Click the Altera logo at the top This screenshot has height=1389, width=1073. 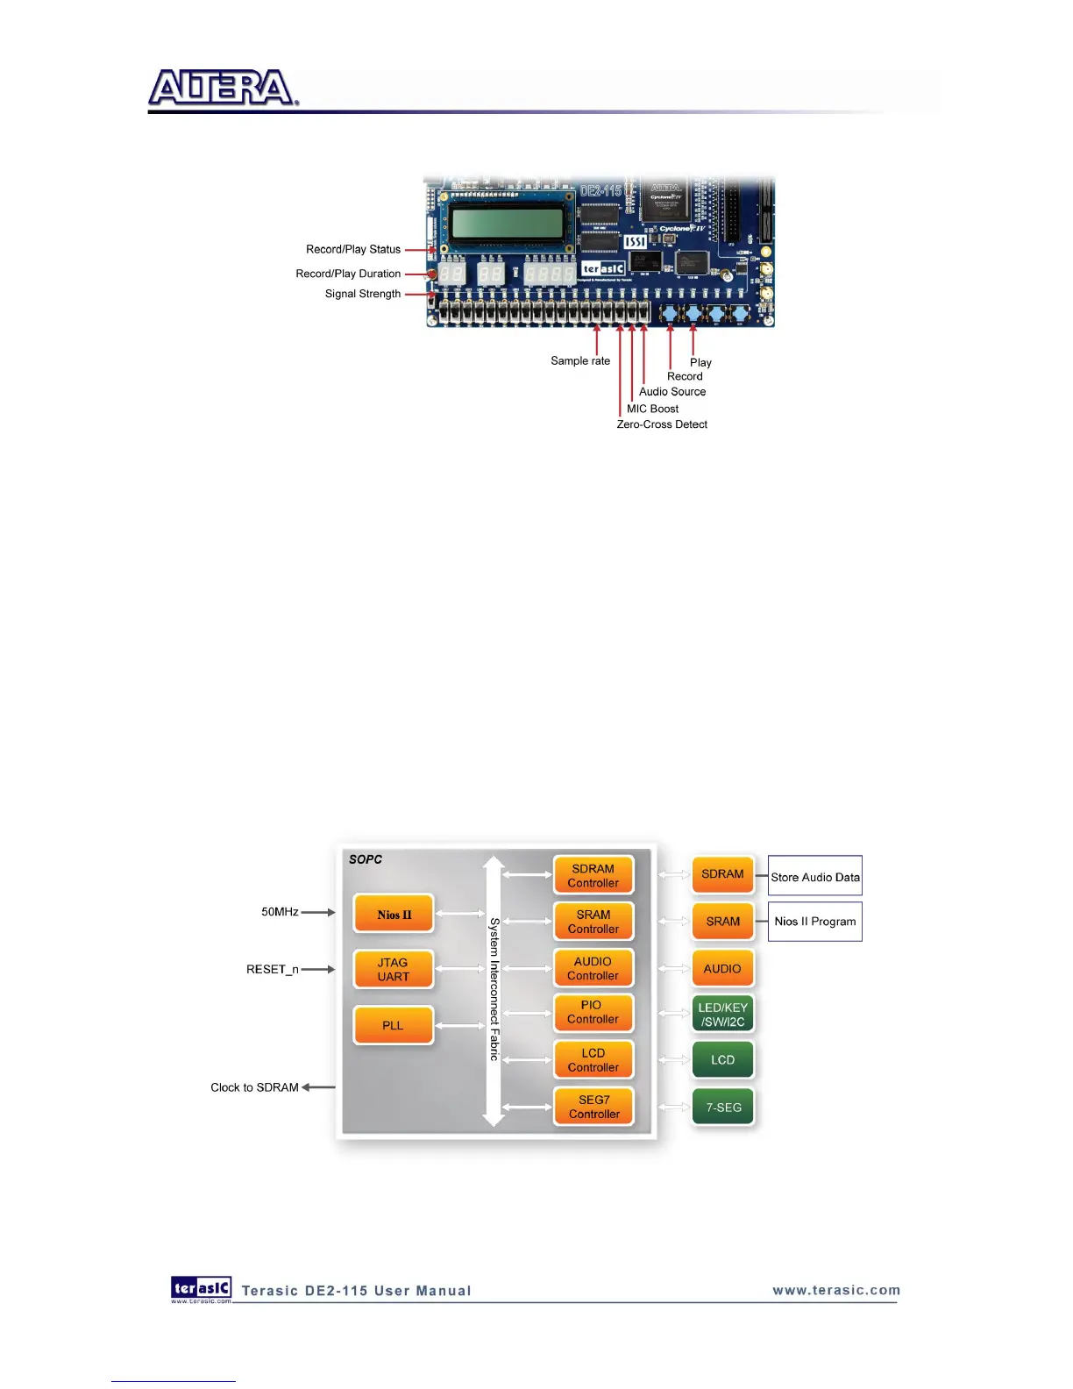(224, 89)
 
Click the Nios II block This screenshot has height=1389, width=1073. (394, 915)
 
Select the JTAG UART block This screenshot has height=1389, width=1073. (394, 969)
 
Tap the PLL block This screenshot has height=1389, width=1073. (394, 1025)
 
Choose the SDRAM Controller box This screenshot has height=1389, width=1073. (593, 876)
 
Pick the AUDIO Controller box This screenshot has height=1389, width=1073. (593, 968)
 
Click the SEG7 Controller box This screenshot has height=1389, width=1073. (593, 1107)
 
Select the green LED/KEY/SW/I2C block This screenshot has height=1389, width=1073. (723, 1015)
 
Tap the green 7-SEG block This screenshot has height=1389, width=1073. (723, 1108)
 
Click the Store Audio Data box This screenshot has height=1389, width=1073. (815, 877)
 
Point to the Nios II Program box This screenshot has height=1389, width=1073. (815, 922)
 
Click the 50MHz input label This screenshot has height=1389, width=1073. (280, 912)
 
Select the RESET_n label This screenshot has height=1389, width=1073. (272, 969)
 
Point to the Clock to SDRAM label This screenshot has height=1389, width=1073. (254, 1087)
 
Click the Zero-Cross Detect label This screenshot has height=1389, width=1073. (662, 424)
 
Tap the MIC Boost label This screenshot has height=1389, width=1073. (652, 409)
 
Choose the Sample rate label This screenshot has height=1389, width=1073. (580, 360)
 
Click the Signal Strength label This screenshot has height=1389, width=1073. (363, 294)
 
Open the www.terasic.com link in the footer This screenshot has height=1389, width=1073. (836, 1290)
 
